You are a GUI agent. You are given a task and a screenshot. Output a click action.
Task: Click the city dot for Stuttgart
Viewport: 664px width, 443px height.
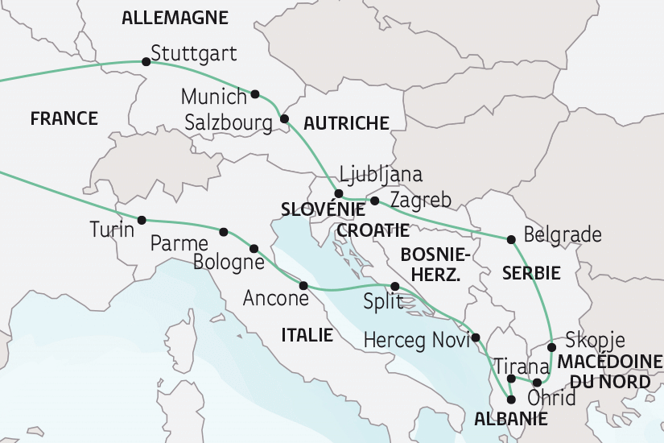point(146,61)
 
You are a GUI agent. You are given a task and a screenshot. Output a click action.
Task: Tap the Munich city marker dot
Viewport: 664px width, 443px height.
point(256,94)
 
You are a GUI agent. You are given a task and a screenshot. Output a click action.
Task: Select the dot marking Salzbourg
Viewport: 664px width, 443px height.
point(284,119)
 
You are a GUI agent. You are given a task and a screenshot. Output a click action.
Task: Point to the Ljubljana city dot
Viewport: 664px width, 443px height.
point(339,193)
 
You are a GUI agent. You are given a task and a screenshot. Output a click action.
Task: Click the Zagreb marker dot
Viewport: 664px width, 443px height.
point(375,200)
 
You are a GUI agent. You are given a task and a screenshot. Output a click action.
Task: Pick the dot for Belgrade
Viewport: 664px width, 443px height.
point(511,239)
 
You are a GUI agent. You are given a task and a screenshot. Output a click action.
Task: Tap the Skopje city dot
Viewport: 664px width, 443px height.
point(551,348)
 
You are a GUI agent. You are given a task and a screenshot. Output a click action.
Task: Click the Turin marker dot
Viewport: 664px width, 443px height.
point(142,220)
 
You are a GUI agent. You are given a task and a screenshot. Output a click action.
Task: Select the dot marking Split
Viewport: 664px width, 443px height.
point(394,287)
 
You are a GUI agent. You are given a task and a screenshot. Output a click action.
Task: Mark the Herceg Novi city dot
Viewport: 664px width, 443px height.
point(476,337)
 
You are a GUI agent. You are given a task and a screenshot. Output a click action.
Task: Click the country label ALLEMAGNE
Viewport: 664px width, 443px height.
point(175,18)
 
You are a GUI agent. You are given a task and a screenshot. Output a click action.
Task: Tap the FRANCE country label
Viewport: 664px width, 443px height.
point(64,119)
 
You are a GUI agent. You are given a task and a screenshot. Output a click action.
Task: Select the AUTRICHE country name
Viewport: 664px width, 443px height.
point(346,123)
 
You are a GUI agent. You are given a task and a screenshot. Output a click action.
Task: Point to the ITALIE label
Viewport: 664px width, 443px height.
point(307,334)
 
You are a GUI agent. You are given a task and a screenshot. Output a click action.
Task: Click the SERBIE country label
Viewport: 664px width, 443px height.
point(530,273)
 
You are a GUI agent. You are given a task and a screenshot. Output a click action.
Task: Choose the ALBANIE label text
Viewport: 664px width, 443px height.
point(511,419)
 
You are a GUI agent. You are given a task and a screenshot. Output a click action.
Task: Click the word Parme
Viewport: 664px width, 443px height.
point(179,242)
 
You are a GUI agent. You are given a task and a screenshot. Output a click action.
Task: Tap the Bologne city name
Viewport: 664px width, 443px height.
point(229,263)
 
